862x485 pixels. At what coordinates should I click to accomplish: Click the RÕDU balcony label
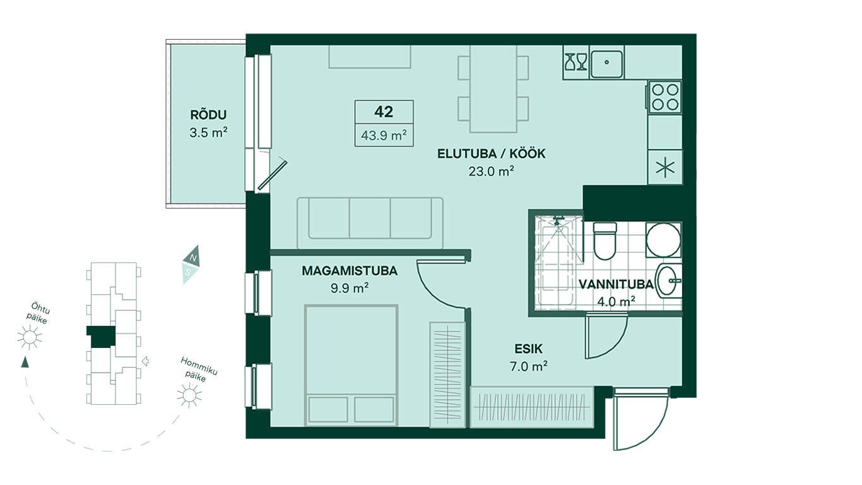(208, 115)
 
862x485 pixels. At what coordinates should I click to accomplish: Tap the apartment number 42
(384, 112)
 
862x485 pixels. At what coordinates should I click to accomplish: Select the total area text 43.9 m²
(384, 135)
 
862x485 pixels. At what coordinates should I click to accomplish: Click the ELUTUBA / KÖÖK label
(491, 153)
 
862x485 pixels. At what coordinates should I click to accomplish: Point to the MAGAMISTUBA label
(350, 271)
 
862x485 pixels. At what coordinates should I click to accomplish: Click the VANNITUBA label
(616, 284)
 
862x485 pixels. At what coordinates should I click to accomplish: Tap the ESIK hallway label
(528, 349)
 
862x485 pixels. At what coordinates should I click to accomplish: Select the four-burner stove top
(664, 97)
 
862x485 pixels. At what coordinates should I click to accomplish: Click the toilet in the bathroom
(605, 241)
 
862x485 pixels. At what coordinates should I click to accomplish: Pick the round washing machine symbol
(663, 239)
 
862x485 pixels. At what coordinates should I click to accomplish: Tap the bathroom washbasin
(669, 281)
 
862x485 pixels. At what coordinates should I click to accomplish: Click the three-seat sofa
(370, 223)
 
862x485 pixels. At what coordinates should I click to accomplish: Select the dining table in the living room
(493, 89)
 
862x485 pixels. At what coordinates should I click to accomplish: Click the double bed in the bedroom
(351, 366)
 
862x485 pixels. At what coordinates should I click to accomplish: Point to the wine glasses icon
(576, 62)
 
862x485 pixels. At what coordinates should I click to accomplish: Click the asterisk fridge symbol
(665, 167)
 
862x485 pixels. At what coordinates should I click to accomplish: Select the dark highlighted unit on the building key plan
(102, 337)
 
